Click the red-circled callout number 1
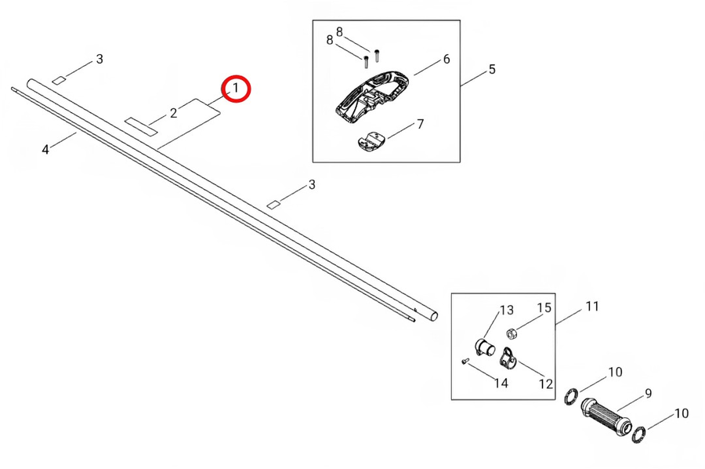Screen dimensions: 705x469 click(235, 88)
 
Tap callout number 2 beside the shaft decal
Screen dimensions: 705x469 click(174, 113)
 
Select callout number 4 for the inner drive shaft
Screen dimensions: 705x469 click(45, 150)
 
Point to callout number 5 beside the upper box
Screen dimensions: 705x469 click(492, 69)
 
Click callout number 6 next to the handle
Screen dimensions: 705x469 click(446, 59)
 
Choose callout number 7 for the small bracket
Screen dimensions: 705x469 click(421, 124)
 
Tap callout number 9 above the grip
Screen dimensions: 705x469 click(648, 394)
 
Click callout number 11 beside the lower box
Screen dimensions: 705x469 click(592, 306)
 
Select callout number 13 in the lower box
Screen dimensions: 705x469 click(506, 310)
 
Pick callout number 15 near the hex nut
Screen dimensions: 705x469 click(544, 308)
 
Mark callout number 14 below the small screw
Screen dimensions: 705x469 click(501, 383)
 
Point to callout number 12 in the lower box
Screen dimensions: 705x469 click(545, 384)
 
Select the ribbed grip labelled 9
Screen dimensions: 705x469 click(606, 417)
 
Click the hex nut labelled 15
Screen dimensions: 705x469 click(512, 333)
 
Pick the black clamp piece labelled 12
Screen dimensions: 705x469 click(508, 357)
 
